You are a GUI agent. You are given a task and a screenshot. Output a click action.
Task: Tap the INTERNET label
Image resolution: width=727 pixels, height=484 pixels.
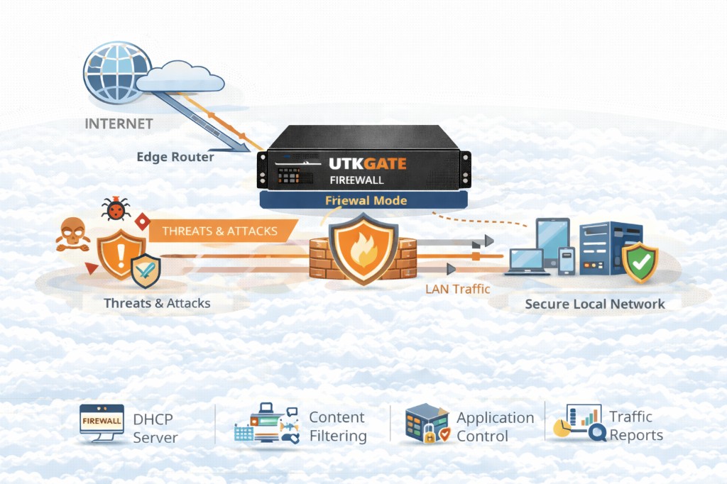point(119,123)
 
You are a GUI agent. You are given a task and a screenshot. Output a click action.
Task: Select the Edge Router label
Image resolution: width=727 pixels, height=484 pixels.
point(175,157)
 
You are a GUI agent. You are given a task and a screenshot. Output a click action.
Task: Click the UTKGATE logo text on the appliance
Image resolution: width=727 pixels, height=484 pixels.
point(368,164)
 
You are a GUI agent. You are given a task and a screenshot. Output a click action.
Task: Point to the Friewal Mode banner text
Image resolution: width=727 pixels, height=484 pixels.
point(366,200)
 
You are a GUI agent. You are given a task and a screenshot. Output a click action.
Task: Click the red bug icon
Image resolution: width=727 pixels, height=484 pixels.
point(116,209)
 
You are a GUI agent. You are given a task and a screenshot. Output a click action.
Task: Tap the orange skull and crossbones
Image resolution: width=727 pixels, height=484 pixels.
point(72,235)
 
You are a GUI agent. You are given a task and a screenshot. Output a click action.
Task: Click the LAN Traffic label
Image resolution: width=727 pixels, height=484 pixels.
point(457,289)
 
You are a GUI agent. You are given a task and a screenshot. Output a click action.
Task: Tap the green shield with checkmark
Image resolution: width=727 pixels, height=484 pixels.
point(640,262)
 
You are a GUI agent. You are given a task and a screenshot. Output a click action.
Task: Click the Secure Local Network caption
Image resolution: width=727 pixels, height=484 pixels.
point(595,304)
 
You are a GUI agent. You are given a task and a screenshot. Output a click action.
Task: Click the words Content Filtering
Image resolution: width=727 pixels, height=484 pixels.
point(337,427)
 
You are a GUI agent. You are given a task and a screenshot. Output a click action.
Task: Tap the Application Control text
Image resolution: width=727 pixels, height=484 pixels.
point(495,427)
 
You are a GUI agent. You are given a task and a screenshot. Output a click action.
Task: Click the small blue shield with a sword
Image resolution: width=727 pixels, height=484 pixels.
point(147,270)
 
